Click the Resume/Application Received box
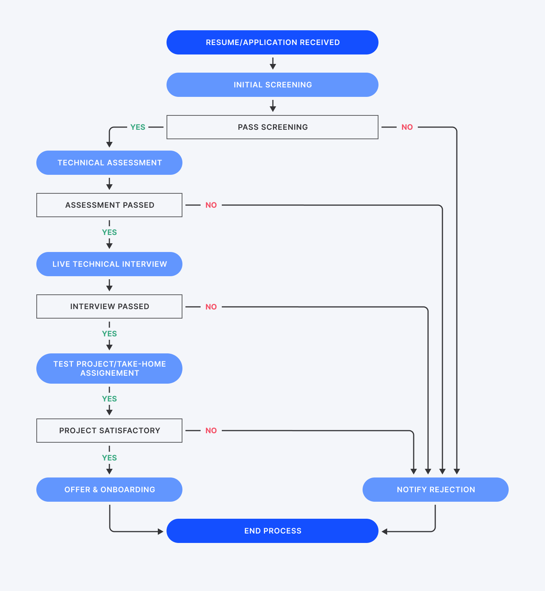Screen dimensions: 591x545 coord(272,42)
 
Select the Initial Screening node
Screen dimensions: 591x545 coord(272,85)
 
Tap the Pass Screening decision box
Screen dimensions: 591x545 coord(272,127)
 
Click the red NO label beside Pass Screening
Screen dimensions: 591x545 coord(407,127)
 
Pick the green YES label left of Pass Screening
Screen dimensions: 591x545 coord(138,127)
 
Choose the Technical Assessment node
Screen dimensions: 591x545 coord(109,163)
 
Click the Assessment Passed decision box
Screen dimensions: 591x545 coord(109,205)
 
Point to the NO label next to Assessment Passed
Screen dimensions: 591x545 coord(211,205)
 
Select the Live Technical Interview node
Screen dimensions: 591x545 coord(109,264)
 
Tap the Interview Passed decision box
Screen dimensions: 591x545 coord(109,306)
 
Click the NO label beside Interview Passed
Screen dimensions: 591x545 coord(211,307)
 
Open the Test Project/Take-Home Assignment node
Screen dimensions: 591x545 coord(109,369)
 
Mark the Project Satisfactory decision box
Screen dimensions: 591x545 coord(109,431)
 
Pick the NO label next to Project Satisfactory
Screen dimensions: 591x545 coord(211,431)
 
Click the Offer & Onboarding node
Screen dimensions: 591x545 coord(109,490)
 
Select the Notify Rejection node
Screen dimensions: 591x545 coord(436,490)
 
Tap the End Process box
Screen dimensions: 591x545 coord(272,531)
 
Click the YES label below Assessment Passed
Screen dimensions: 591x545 coord(109,232)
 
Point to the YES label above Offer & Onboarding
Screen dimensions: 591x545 coord(109,458)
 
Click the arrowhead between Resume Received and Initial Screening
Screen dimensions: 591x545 coord(272,67)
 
